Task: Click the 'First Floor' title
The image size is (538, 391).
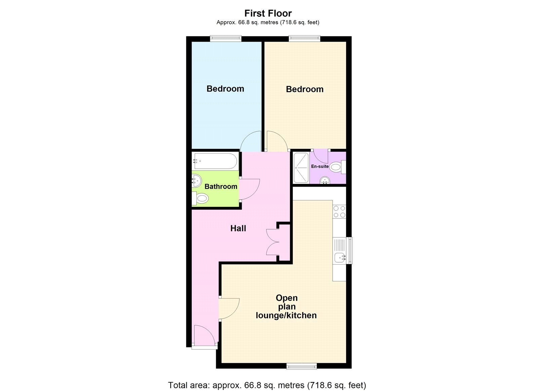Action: click(268, 13)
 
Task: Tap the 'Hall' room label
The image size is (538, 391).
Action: click(238, 229)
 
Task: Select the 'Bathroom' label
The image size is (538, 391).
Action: click(221, 187)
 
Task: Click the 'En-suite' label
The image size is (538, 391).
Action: click(320, 166)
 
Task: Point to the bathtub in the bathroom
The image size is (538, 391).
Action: click(215, 161)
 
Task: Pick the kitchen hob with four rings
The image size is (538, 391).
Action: click(339, 212)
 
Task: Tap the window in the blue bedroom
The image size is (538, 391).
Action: click(226, 39)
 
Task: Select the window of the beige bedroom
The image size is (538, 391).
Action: click(304, 39)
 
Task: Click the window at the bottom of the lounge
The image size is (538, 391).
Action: click(301, 366)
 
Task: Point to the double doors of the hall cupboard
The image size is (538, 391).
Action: click(273, 242)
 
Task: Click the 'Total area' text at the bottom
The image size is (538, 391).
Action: click(267, 385)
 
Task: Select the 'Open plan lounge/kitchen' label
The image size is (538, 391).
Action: click(286, 307)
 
